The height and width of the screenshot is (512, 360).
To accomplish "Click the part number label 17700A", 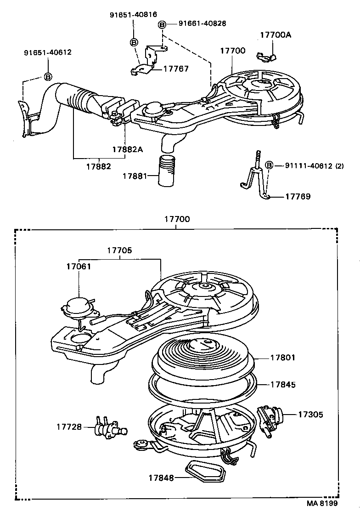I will tap(275, 35).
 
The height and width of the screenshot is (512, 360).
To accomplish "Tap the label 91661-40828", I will tap(202, 23).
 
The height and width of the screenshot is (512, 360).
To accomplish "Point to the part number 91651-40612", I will tap(48, 52).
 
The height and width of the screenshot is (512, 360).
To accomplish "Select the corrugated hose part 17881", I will tap(167, 171).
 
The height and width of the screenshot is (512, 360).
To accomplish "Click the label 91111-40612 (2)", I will tap(315, 165).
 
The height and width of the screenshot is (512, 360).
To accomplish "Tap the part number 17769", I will tap(298, 196).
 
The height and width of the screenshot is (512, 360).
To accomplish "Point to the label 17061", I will tap(78, 266).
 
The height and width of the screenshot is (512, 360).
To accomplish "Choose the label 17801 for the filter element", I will tap(283, 357).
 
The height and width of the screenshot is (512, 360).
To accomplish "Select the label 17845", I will tap(283, 385).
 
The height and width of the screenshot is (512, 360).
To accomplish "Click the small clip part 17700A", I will tap(265, 56).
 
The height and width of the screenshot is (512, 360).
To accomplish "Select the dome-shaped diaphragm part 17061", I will tap(75, 306).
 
